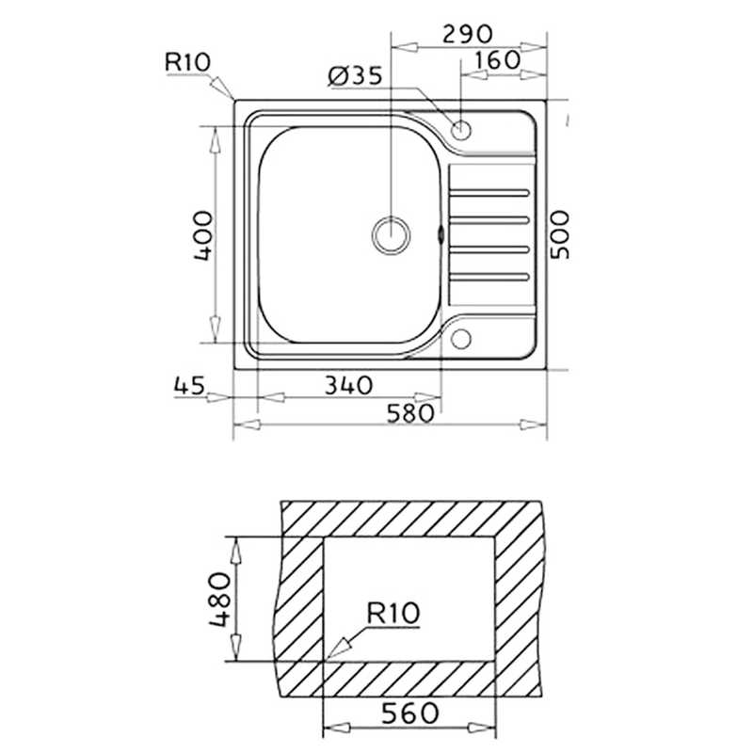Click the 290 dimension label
[x=466, y=33]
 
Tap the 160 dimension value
[x=498, y=59]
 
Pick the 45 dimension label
[x=190, y=385]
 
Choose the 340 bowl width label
[x=348, y=385]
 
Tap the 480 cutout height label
[x=217, y=600]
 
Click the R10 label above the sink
[x=187, y=62]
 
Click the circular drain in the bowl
[x=391, y=233]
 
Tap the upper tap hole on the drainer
[x=463, y=131]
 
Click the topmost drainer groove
[x=489, y=192]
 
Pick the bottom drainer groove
[x=489, y=277]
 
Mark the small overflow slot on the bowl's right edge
[x=440, y=233]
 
